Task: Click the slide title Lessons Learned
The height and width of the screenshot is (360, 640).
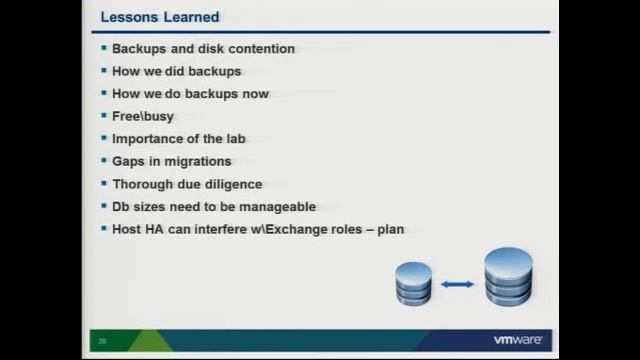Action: click(160, 17)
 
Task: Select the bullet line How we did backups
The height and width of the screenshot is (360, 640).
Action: click(176, 71)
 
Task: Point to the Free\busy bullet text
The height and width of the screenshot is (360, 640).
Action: click(143, 116)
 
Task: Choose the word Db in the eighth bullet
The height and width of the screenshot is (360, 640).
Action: click(121, 207)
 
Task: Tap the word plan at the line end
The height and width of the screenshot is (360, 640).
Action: click(389, 229)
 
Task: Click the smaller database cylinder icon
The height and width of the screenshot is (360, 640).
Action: click(413, 283)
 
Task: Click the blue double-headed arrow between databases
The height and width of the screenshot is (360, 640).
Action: click(457, 285)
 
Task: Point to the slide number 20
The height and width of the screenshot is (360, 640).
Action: click(102, 341)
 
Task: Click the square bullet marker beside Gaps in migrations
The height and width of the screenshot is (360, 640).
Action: click(103, 161)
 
